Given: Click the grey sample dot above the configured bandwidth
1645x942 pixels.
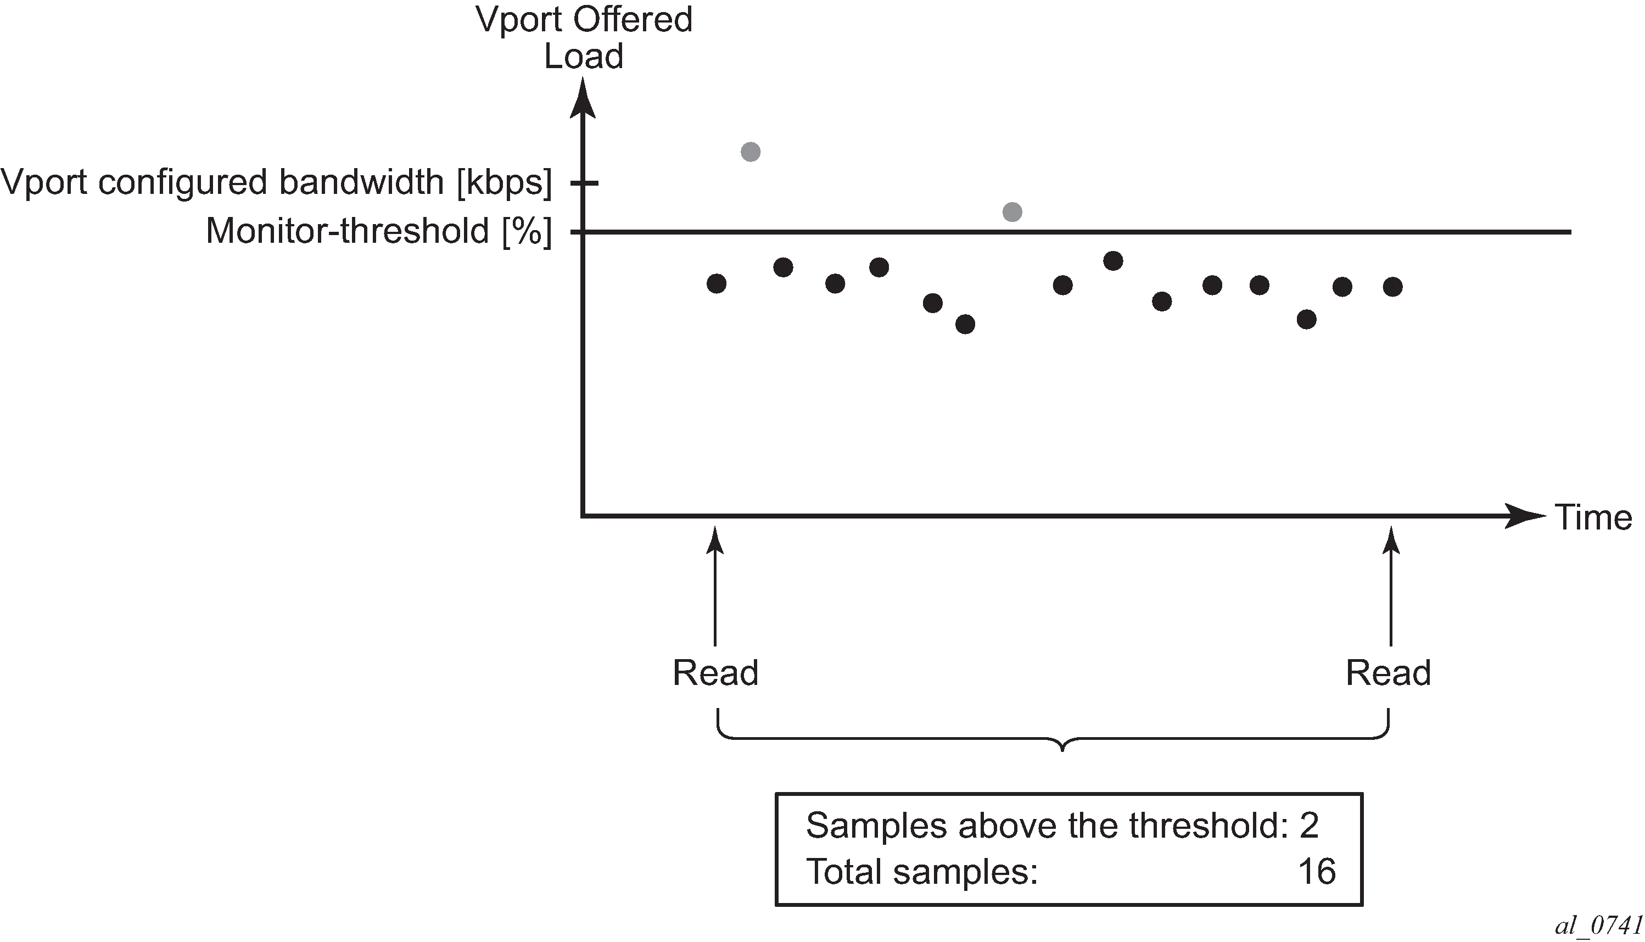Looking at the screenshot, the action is pyautogui.click(x=750, y=152).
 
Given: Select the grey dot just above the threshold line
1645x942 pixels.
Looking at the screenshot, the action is pyautogui.click(x=1012, y=211).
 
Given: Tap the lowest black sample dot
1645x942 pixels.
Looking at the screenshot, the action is pyautogui.click(x=965, y=324).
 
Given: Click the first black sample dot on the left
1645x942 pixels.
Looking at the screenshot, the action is pyautogui.click(x=717, y=283).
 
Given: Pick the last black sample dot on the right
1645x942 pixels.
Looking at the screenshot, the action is pyautogui.click(x=1393, y=287).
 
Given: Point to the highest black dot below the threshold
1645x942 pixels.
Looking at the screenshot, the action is pyautogui.click(x=1113, y=261).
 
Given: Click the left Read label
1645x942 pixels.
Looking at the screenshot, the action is pyautogui.click(x=715, y=673).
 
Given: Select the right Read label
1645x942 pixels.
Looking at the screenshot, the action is pyautogui.click(x=1388, y=673).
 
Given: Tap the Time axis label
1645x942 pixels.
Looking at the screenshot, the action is pyautogui.click(x=1593, y=517).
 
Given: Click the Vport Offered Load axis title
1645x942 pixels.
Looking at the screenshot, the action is pyautogui.click(x=584, y=37).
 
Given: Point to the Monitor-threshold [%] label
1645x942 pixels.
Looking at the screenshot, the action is pyautogui.click(x=379, y=232).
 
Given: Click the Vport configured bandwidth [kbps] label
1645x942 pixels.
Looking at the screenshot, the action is pyautogui.click(x=277, y=182).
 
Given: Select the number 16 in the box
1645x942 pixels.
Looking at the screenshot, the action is pyautogui.click(x=1317, y=872).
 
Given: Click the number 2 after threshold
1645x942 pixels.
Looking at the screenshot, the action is pyautogui.click(x=1310, y=825).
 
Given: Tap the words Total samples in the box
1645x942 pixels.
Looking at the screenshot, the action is pyautogui.click(x=921, y=872).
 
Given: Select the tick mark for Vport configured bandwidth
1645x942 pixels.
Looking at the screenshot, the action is pyautogui.click(x=585, y=183).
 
